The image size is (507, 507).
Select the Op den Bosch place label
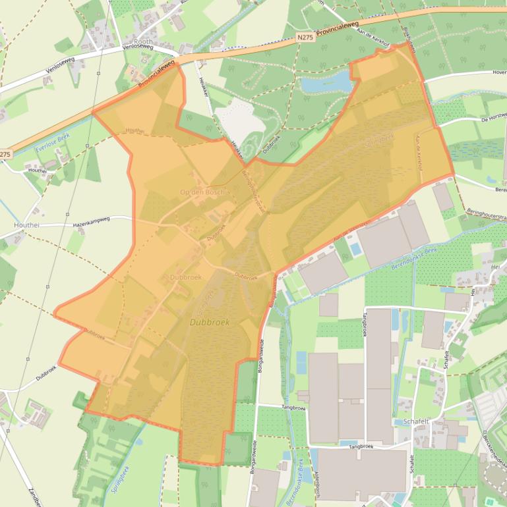[202, 192]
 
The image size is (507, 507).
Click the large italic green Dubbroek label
[210, 323]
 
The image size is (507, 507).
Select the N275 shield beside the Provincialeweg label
[305, 38]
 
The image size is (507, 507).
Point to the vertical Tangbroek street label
[364, 324]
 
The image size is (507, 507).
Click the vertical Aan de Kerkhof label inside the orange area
[417, 153]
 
